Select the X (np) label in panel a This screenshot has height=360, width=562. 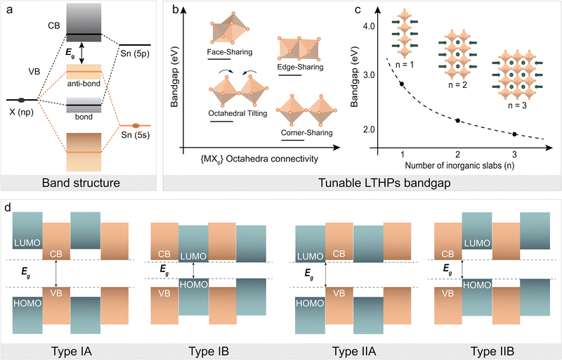[x=21, y=113]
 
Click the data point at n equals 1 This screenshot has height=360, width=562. [x=402, y=84]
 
